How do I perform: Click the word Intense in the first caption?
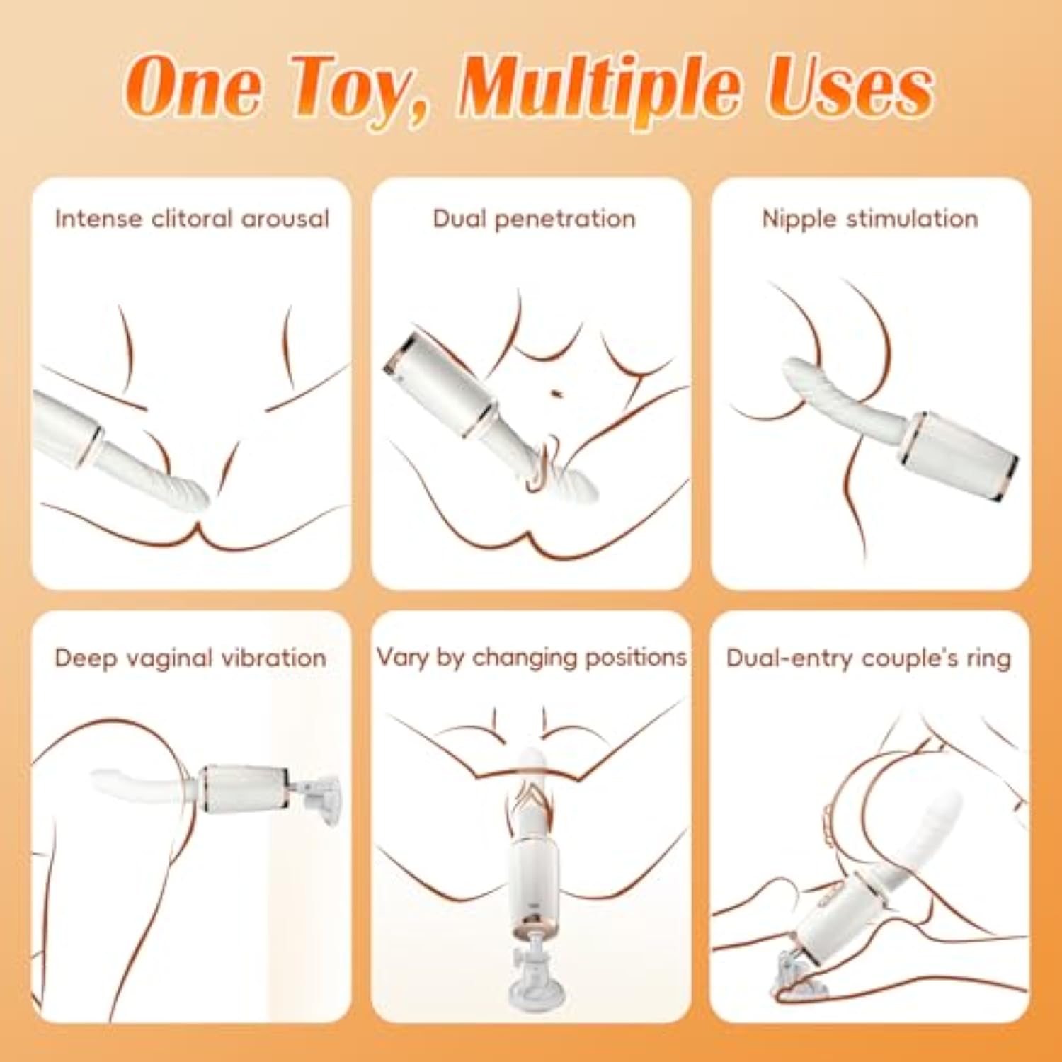[x=99, y=218]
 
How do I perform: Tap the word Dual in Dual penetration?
[x=459, y=218]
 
